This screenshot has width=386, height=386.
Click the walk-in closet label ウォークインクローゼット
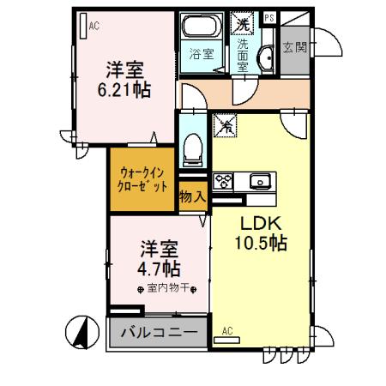142,179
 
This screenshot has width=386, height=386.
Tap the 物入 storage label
191,196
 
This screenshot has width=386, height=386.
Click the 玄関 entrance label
294,46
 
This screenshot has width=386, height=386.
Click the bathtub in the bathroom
200,26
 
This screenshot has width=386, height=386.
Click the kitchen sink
258,180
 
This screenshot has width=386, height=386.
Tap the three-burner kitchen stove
224,180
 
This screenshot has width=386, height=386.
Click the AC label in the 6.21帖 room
94,26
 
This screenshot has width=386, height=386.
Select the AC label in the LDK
227,331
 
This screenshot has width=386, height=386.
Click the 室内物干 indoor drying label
166,288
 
